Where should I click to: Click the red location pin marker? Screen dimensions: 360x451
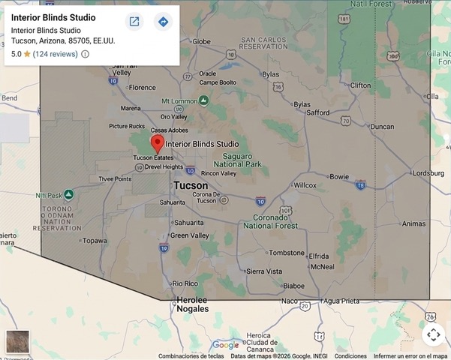157,143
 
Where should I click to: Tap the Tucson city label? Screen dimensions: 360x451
191,185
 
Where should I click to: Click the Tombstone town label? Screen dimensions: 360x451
287,253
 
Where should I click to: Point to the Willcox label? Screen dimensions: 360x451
305,184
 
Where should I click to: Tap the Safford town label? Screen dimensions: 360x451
317,112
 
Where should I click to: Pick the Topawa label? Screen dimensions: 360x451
95,241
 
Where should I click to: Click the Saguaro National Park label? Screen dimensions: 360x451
237,159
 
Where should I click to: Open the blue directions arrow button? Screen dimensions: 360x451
163,22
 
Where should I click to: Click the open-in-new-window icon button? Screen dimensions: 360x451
134,22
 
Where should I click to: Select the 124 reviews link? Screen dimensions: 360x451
56,54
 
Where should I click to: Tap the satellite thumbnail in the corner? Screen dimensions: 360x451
17,342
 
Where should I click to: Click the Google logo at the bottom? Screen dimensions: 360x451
225,345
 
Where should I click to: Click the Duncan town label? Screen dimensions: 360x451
382,127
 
